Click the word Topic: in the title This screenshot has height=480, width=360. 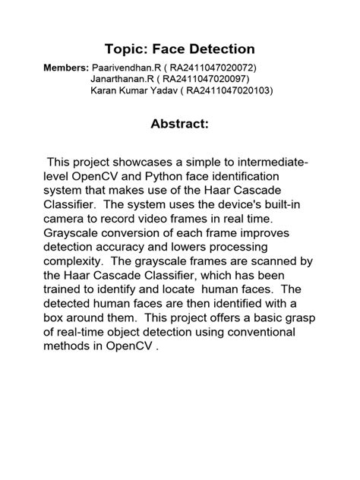point(125,49)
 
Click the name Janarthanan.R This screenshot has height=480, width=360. point(121,79)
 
